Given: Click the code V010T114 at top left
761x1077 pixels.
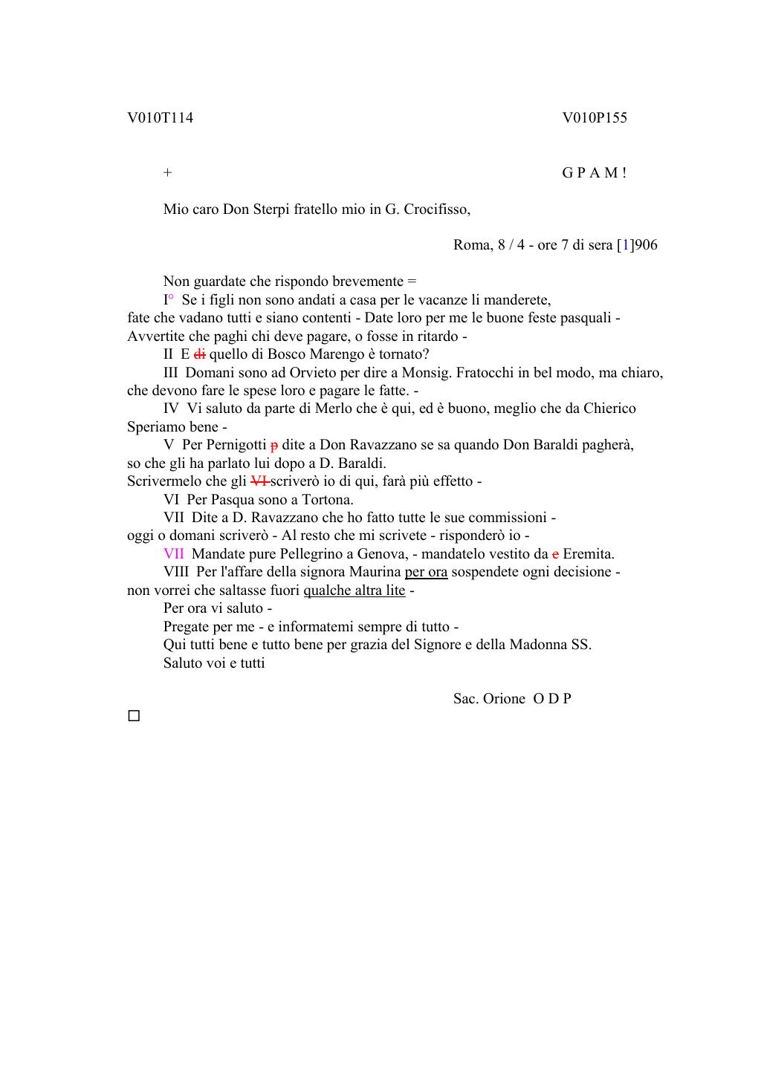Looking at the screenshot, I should pyautogui.click(x=160, y=118).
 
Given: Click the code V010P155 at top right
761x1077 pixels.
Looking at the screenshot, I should pyautogui.click(x=595, y=118).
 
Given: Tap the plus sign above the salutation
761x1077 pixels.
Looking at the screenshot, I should pyautogui.click(x=168, y=173).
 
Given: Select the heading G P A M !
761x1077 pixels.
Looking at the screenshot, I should pyautogui.click(x=594, y=173).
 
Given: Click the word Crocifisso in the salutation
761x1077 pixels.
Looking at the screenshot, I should pyautogui.click(x=437, y=209).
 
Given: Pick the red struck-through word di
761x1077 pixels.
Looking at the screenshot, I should pyautogui.click(x=199, y=354).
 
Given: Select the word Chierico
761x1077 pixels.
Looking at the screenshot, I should pyautogui.click(x=609, y=409).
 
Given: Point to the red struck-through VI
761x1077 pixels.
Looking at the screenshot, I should pyautogui.click(x=259, y=481).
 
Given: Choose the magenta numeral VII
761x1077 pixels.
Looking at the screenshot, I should pyautogui.click(x=173, y=554).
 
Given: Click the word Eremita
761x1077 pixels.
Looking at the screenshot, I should pyautogui.click(x=588, y=554).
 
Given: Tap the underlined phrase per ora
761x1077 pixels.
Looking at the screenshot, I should pyautogui.click(x=426, y=572).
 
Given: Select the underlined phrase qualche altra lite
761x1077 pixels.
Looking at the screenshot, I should pyautogui.click(x=354, y=590).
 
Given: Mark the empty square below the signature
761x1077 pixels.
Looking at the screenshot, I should pyautogui.click(x=134, y=717).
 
